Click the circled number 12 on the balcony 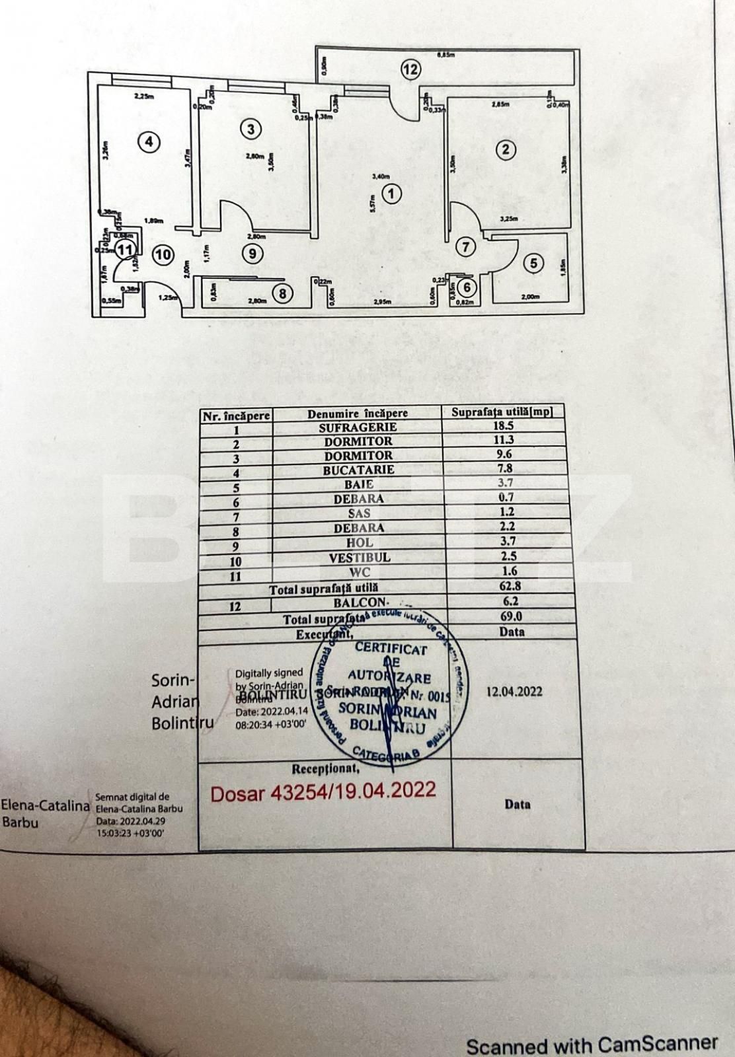coord(410,69)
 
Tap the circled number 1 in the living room coord(392,194)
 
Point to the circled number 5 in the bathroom coord(533,264)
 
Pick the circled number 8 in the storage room coord(283,293)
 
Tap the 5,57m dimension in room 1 coord(372,205)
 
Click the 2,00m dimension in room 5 coord(529,297)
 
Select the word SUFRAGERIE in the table coord(358,427)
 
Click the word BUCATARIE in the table coord(358,470)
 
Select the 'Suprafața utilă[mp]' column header coord(502,412)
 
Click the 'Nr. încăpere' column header coord(236,416)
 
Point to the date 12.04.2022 coord(514,691)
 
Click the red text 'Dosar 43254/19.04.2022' coord(323,790)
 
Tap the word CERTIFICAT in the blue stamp coord(391,648)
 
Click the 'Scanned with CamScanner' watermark coord(592,1044)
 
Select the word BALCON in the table coord(360,602)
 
